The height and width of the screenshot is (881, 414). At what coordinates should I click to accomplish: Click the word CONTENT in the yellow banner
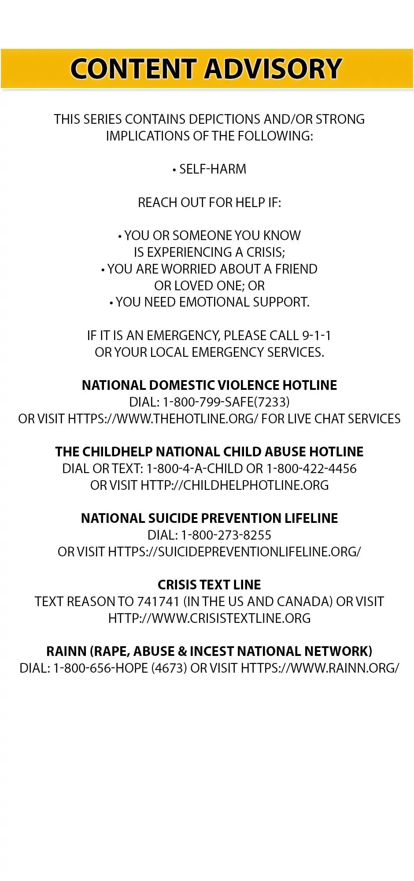click(x=133, y=69)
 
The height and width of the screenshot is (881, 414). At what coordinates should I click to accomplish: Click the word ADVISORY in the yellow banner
click(x=273, y=69)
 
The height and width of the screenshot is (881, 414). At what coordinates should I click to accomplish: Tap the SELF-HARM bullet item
click(x=210, y=169)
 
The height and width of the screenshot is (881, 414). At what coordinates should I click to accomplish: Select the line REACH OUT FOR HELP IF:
click(x=209, y=203)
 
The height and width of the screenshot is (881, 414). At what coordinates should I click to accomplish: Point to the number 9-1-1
click(x=316, y=336)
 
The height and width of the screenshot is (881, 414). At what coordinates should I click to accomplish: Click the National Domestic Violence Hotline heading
click(x=209, y=385)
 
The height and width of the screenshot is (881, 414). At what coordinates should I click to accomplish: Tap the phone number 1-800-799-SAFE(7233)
click(x=226, y=402)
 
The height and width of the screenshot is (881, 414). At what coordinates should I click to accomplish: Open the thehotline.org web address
click(x=163, y=419)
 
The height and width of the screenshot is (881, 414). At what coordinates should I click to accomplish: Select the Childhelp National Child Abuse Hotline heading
click(x=209, y=452)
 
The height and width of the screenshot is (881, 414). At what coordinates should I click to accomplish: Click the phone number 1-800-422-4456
click(x=311, y=469)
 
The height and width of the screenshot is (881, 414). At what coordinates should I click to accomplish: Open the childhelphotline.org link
click(x=234, y=485)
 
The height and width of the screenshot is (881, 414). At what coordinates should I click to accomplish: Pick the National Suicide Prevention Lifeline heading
click(x=209, y=518)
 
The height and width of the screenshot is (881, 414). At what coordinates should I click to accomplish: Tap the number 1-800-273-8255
click(x=226, y=535)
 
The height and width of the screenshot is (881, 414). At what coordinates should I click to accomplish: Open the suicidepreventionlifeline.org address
click(x=234, y=552)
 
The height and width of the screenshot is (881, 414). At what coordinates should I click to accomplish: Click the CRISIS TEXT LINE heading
click(x=209, y=585)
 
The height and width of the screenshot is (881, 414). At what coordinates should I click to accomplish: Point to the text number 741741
click(x=158, y=602)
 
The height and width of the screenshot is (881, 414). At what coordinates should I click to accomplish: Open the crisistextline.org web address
click(x=209, y=618)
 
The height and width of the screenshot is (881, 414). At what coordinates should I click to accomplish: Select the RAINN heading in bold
click(x=209, y=651)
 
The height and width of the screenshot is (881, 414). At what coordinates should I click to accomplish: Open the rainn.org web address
click(x=320, y=668)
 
